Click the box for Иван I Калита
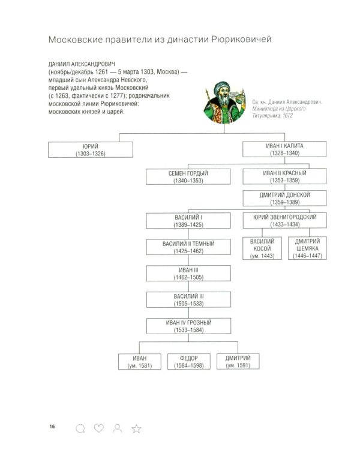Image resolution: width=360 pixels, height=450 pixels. tap(284, 149)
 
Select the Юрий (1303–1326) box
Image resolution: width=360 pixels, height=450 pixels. tap(91, 149)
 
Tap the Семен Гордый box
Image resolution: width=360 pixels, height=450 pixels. tap(188, 176)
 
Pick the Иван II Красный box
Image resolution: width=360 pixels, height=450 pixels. tap(284, 176)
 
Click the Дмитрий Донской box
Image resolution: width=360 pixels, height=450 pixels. tap(284, 198)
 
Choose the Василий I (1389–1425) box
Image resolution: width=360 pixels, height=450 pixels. tap(188, 221)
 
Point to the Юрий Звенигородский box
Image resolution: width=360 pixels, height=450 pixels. tap(285, 220)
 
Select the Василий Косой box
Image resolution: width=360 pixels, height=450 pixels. tap(262, 248)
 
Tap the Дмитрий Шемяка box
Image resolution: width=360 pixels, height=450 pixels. tap(307, 248)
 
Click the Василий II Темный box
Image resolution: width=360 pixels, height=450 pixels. tap(188, 247)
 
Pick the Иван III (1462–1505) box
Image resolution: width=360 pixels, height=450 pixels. tap(188, 273)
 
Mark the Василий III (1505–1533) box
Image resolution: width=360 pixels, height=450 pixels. tap(188, 299)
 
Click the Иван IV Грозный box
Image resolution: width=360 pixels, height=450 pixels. tap(188, 326)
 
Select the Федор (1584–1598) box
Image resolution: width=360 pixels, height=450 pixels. tap(189, 362)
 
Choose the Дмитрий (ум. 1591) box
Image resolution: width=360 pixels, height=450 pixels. tap(238, 361)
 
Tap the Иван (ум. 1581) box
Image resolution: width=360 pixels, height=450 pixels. tap(140, 362)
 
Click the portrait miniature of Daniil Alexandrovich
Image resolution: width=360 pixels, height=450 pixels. tap(224, 103)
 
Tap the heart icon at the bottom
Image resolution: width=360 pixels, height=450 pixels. tap(99, 428)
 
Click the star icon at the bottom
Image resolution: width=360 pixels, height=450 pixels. tap(136, 428)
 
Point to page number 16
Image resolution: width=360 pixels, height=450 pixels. tap(52, 426)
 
